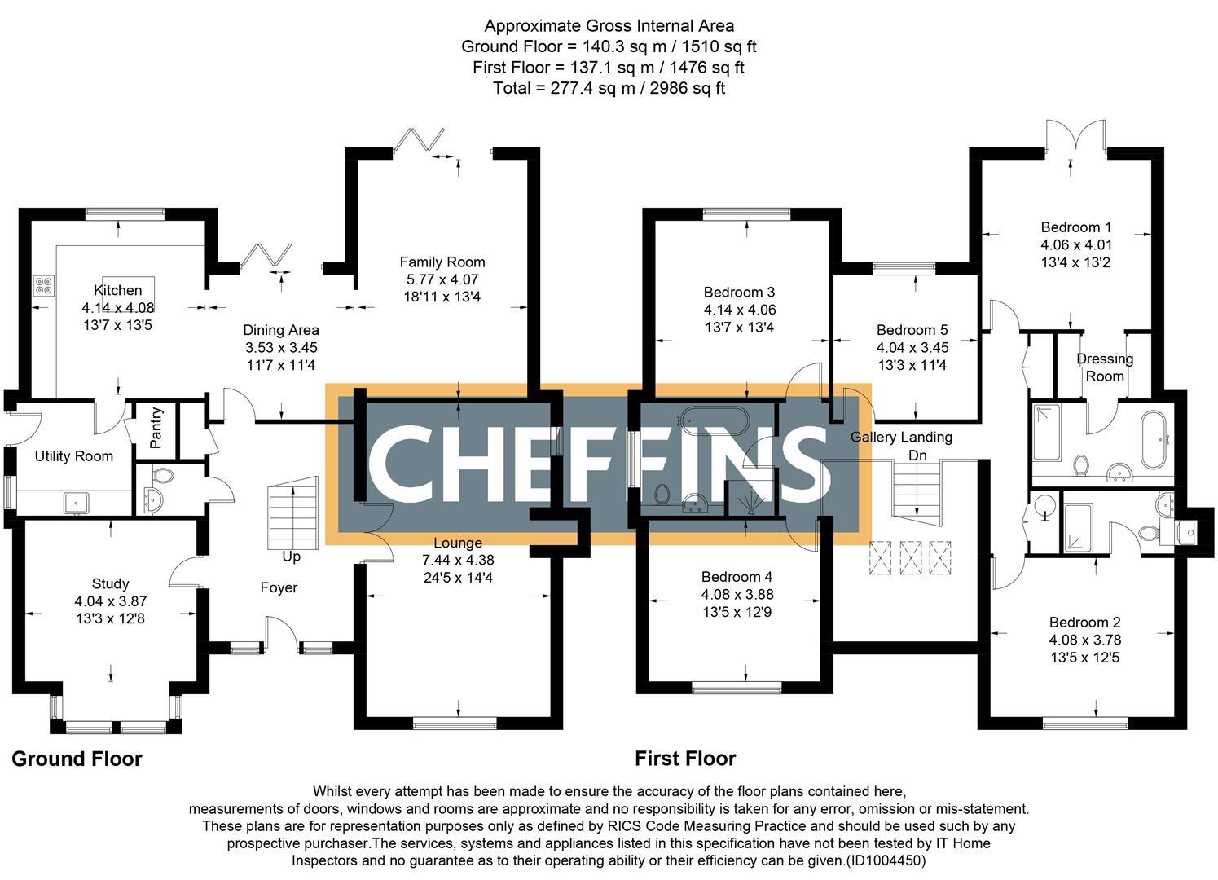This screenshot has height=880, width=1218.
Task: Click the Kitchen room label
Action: click(x=118, y=290)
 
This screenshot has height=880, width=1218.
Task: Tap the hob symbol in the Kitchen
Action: click(x=44, y=286)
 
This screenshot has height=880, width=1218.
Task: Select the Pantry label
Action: click(x=156, y=428)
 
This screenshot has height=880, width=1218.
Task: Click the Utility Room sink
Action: click(x=77, y=503)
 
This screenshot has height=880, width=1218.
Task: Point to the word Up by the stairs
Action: click(x=291, y=557)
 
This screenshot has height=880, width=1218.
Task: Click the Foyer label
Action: click(x=279, y=587)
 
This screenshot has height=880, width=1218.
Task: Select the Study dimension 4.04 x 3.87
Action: click(x=110, y=601)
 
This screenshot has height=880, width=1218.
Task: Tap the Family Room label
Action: click(x=442, y=262)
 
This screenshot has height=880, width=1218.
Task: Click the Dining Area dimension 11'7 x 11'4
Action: click(x=281, y=366)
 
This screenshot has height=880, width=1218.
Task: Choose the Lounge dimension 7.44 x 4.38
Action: click(x=458, y=561)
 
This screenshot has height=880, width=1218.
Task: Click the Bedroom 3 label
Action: click(x=739, y=292)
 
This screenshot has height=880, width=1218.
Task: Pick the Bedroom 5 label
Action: click(x=912, y=330)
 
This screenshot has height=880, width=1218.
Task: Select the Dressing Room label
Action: click(x=1105, y=367)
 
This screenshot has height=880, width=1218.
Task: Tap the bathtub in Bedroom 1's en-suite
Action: click(x=1152, y=439)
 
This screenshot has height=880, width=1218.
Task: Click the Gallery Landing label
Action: click(x=901, y=437)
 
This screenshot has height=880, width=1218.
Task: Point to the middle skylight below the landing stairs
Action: click(x=911, y=558)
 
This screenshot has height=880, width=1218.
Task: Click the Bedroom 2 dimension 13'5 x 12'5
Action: click(x=1084, y=658)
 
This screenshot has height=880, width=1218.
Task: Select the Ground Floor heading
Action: click(x=77, y=759)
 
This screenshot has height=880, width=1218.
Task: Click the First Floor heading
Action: click(x=685, y=759)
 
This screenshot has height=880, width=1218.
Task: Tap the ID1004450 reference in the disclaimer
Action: click(x=886, y=860)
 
